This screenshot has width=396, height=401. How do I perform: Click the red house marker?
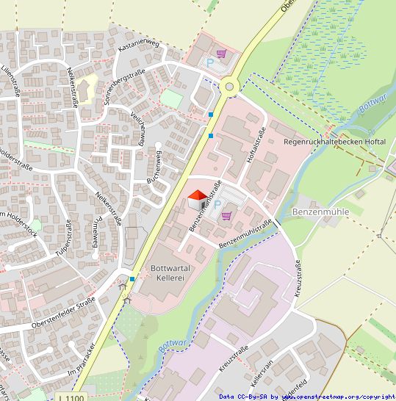pos(198,198)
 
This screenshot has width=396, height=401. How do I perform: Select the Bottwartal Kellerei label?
pos(170,273)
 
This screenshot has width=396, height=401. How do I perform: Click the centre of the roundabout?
pos(230,87)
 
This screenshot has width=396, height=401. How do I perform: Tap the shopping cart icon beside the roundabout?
pos(221,54)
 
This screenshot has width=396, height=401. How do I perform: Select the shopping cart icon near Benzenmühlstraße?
pos(226,215)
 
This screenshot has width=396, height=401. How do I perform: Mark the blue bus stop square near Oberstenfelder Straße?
pos(132,279)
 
